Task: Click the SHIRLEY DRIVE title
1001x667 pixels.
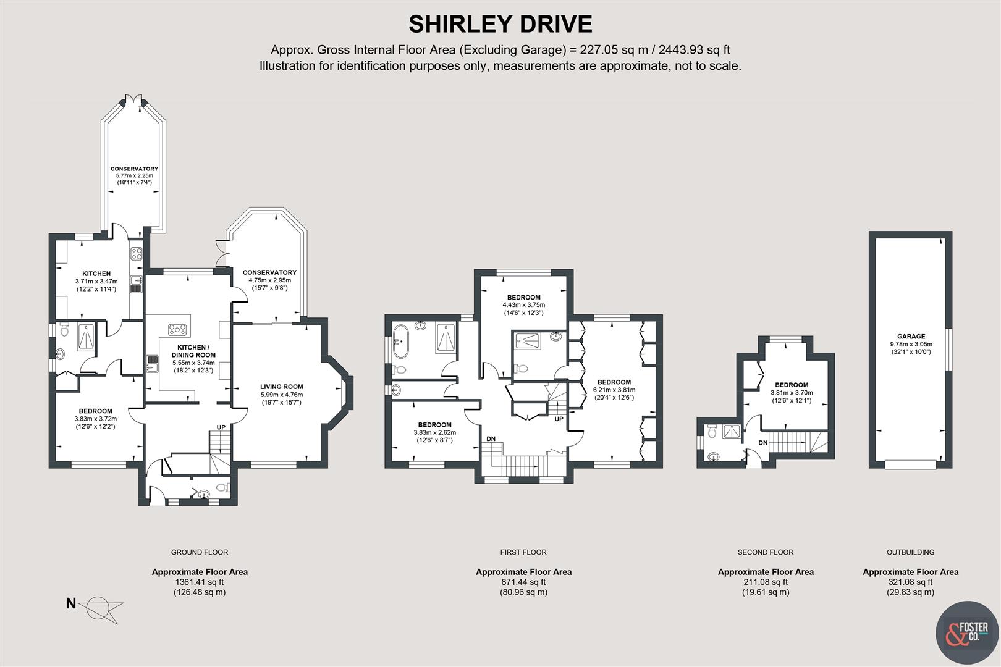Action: [x=500, y=24]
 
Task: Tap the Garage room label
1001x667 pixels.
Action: [x=911, y=337]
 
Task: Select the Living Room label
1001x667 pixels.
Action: [x=281, y=387]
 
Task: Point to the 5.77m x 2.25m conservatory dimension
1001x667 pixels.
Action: [x=134, y=175]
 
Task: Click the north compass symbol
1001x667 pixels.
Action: [x=99, y=607]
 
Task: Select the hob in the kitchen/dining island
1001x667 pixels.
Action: [x=177, y=329]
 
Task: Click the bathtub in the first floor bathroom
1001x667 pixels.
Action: [x=400, y=342]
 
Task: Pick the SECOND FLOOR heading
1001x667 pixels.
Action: [x=765, y=552]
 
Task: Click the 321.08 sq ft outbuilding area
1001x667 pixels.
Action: [x=910, y=582]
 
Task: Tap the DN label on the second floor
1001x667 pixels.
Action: [x=762, y=443]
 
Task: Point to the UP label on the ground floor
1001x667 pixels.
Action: [x=221, y=427]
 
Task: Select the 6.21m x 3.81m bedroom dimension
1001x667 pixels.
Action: [x=614, y=390]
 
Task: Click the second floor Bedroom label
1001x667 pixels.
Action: [x=791, y=385]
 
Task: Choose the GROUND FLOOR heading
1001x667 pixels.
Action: [x=200, y=552]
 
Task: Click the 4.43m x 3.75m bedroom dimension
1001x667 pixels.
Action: [x=523, y=305]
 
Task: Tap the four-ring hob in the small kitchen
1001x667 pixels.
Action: [x=137, y=253]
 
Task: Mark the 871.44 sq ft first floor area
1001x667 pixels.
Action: [x=523, y=582]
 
